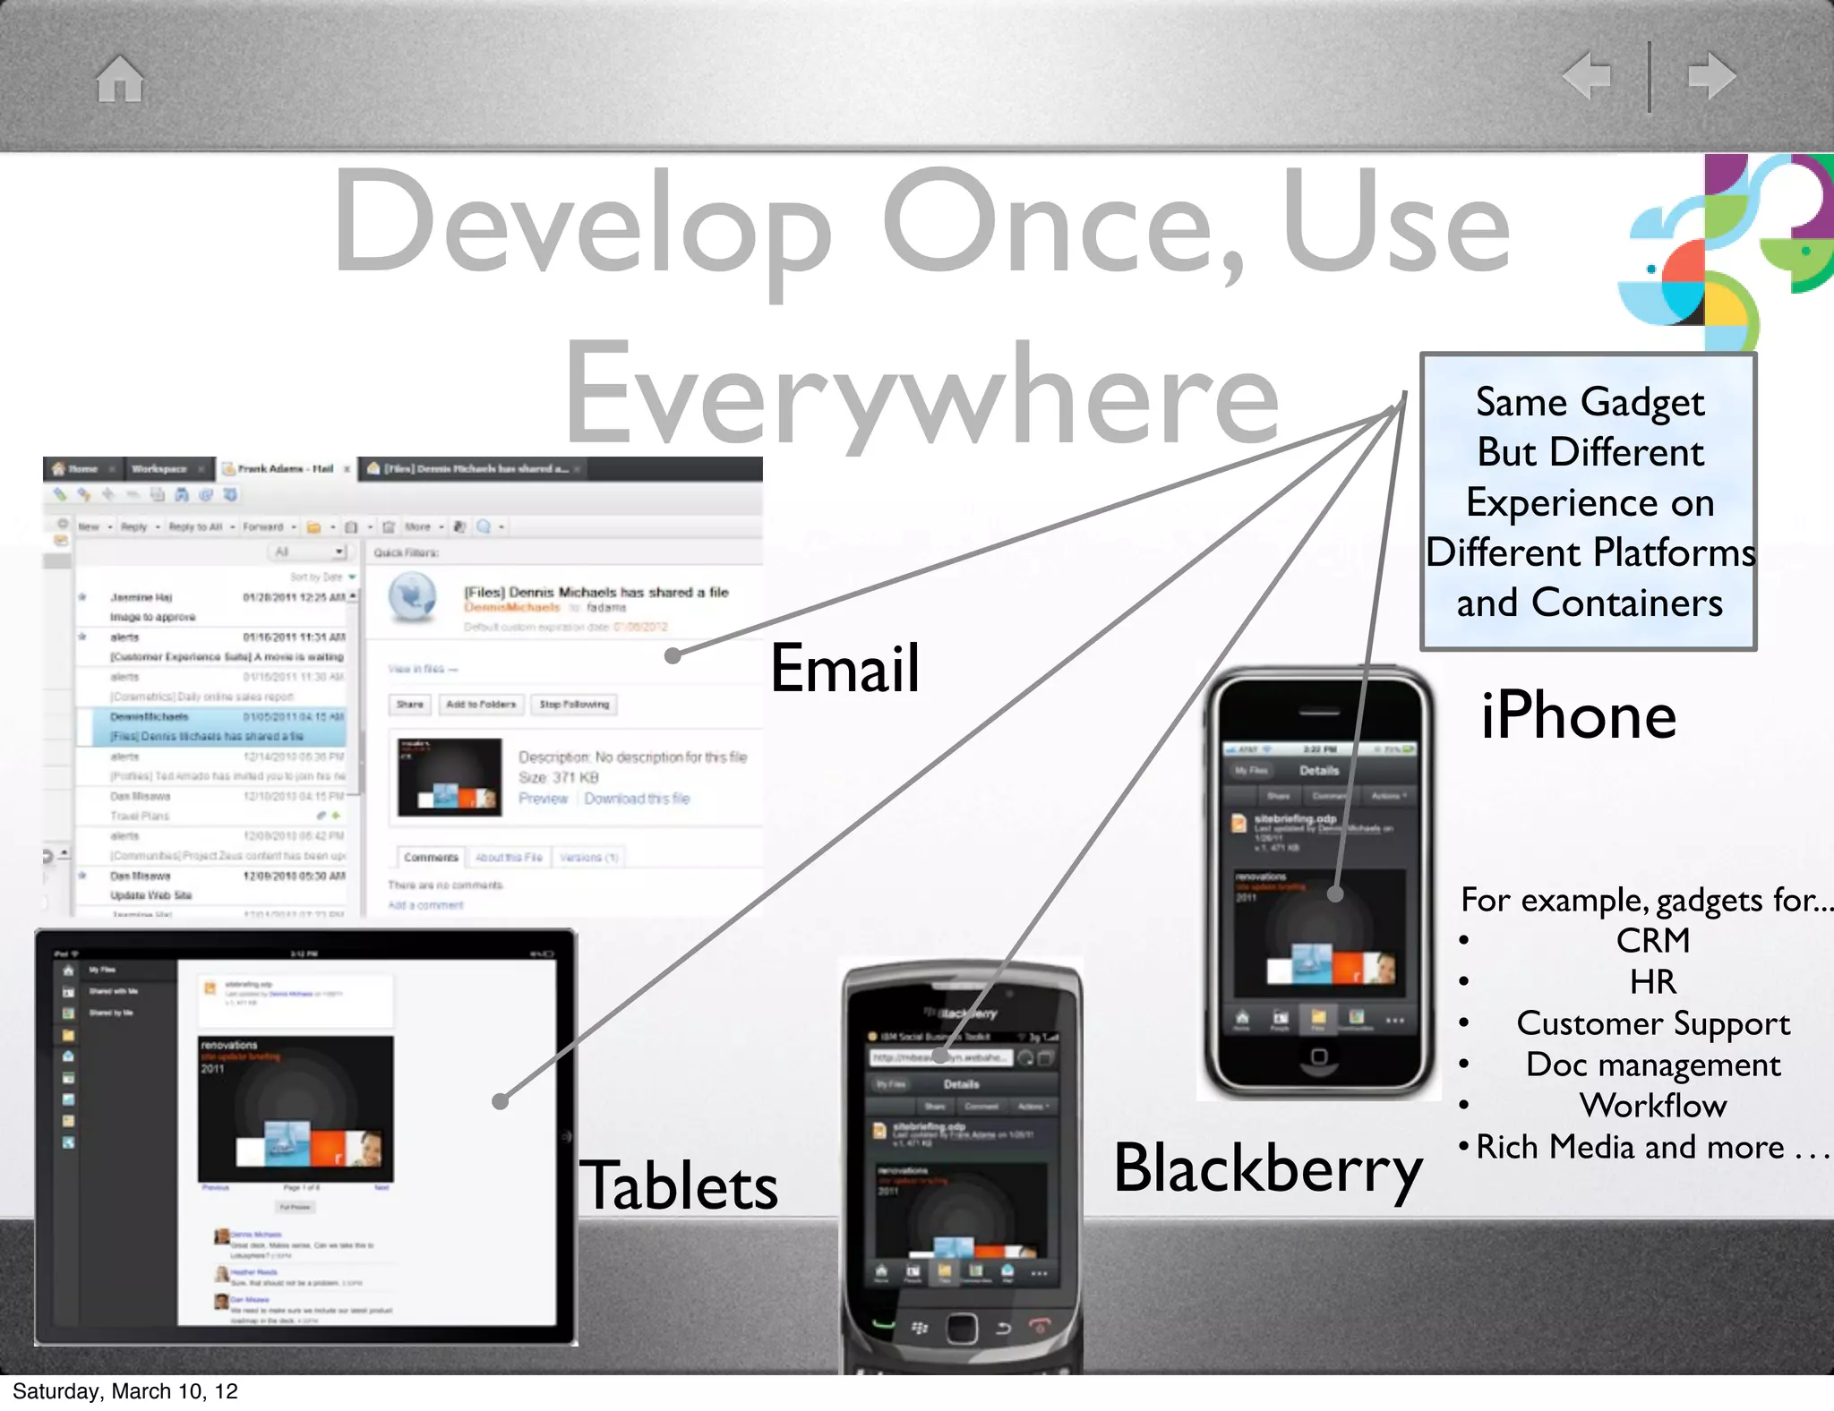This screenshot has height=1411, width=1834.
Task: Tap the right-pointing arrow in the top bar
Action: click(1711, 75)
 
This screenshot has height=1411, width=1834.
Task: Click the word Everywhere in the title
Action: click(922, 394)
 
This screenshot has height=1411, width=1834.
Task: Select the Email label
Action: click(844, 668)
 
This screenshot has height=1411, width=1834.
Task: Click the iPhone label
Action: click(1578, 716)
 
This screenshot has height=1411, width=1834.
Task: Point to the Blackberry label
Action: click(1267, 1168)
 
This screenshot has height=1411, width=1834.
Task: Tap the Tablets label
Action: click(680, 1185)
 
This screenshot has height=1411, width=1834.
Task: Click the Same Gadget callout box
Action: click(1589, 501)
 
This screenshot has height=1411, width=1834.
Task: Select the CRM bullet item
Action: click(1652, 941)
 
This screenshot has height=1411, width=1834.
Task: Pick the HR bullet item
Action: click(1652, 982)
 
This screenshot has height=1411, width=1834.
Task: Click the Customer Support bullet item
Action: click(1652, 1023)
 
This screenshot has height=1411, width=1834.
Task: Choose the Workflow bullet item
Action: click(1652, 1106)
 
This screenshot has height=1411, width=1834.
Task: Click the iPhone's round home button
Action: click(1318, 1057)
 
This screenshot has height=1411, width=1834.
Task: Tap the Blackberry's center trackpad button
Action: click(961, 1327)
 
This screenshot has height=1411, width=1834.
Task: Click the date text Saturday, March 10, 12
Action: click(125, 1391)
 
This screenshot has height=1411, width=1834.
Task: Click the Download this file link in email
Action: click(637, 799)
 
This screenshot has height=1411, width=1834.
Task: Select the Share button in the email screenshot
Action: click(409, 705)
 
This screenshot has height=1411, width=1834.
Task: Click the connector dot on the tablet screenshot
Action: click(501, 1101)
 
